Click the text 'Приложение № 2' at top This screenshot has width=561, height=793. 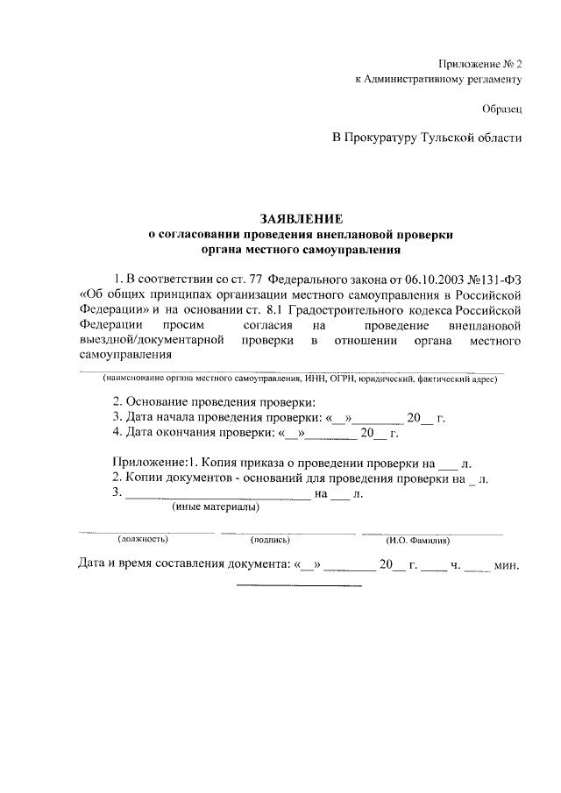click(x=480, y=64)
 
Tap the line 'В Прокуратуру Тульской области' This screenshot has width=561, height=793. click(x=427, y=138)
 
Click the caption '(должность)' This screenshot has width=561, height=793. click(x=142, y=540)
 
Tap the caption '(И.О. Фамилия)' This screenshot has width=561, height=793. click(x=418, y=540)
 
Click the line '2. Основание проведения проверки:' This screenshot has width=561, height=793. click(x=213, y=401)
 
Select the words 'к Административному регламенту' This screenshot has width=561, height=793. click(x=438, y=79)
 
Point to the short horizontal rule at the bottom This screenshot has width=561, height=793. click(x=299, y=584)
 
